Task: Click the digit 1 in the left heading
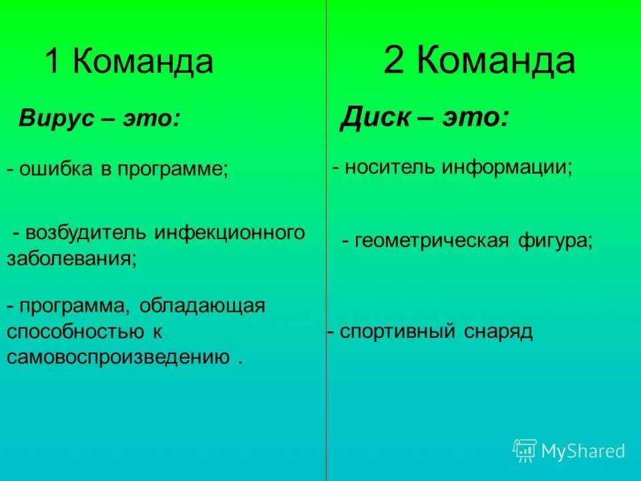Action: pyautogui.click(x=53, y=62)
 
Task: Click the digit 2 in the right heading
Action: pyautogui.click(x=394, y=61)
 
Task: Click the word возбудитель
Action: pyautogui.click(x=86, y=233)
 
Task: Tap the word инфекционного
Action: pyautogui.click(x=230, y=233)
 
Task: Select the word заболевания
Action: pyautogui.click(x=71, y=259)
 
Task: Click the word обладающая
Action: pyautogui.click(x=202, y=306)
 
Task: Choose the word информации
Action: pyautogui.click(x=506, y=167)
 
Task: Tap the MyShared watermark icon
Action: pyautogui.click(x=525, y=451)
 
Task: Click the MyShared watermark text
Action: pyautogui.click(x=583, y=452)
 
